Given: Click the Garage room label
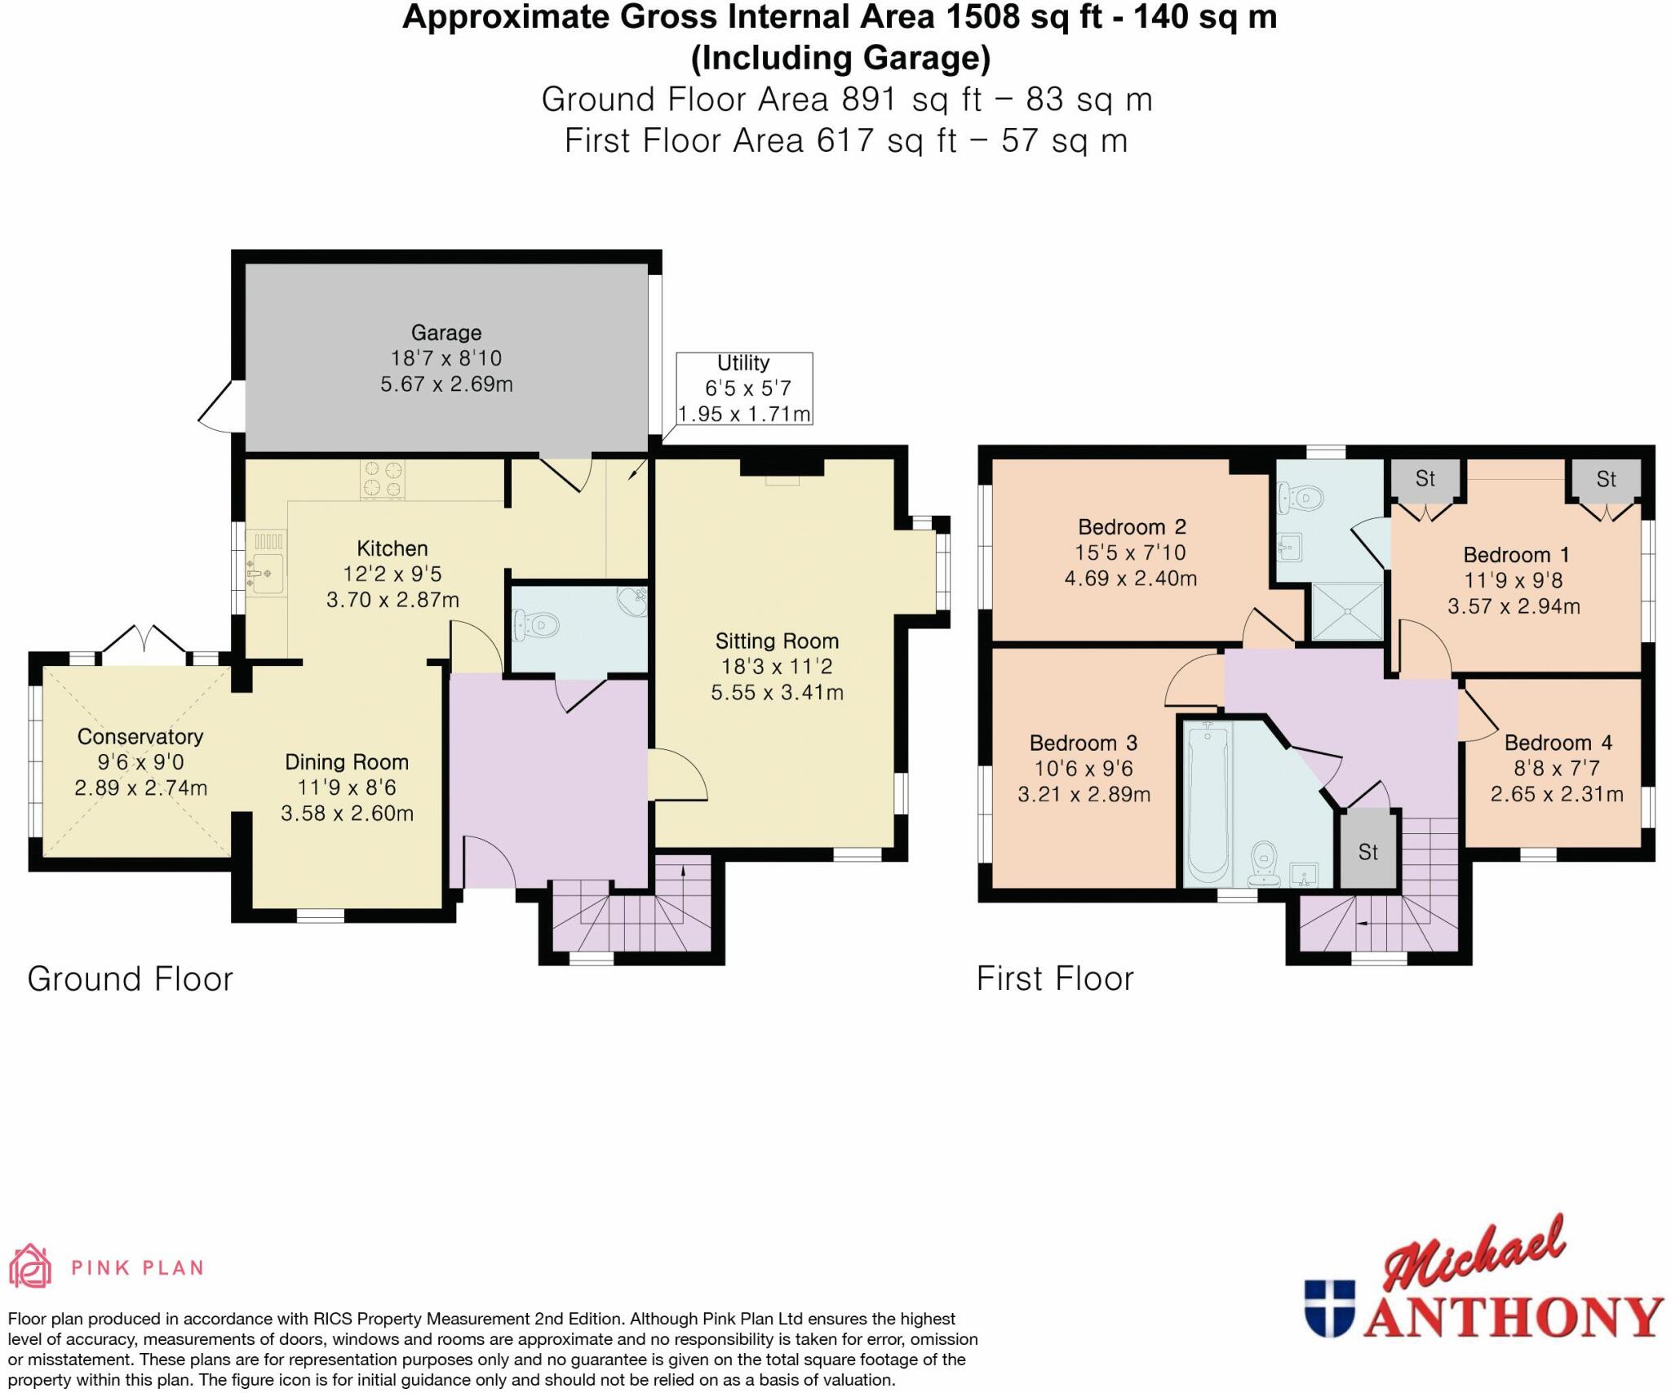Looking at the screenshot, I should coord(445,333).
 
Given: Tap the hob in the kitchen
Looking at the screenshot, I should coord(383,479).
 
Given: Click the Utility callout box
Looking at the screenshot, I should coord(743,388).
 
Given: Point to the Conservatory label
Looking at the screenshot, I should coord(140,737).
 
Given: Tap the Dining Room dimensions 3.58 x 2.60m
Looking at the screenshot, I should coord(347,814).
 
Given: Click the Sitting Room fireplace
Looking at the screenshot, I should coord(782,468).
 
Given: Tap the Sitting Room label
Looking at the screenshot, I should coord(777,641).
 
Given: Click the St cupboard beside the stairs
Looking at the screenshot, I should coord(1368,852).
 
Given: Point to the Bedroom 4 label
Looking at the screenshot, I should coord(1558,743).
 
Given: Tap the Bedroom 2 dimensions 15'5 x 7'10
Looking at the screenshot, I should coord(1130,553).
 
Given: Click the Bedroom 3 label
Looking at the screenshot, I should coord(1083,743).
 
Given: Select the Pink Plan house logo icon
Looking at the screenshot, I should coord(30,1267).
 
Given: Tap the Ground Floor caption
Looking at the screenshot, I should coord(131,978).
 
